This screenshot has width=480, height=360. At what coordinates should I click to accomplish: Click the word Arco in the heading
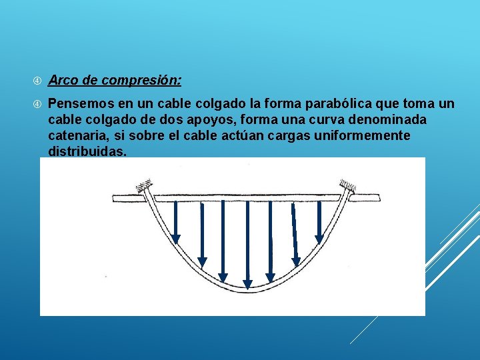click(63, 81)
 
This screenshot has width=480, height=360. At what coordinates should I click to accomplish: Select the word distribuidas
click(87, 152)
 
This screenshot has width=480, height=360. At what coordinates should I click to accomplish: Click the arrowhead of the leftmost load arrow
click(176, 239)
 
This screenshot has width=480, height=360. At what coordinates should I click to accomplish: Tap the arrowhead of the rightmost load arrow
click(319, 238)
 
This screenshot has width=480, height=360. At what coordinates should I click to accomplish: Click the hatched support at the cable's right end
click(347, 185)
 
